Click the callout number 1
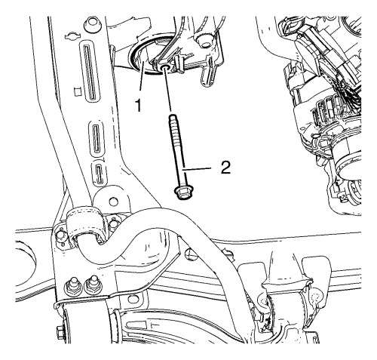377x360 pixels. coord(138,106)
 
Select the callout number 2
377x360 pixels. coord(225,168)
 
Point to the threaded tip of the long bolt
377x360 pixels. coord(173,117)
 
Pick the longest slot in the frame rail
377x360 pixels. coord(90,72)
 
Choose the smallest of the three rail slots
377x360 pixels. coord(100,173)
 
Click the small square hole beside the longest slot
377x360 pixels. coord(78,92)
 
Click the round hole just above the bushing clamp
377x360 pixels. coord(114,201)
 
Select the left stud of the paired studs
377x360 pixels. coord(73,285)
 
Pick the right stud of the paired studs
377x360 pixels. coord(93,285)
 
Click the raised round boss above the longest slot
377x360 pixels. coord(92,24)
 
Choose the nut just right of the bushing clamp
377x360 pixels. coord(114,223)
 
